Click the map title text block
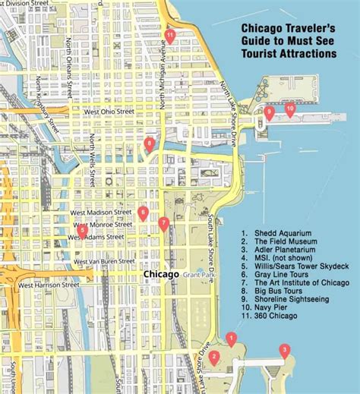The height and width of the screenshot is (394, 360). (x=289, y=41)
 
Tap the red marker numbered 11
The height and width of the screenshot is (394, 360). (x=170, y=35)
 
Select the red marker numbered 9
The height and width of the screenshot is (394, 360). (x=269, y=112)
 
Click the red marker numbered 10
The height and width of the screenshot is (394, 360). (x=289, y=109)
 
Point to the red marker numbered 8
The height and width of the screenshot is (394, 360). (x=150, y=143)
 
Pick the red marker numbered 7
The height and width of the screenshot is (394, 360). (x=164, y=222)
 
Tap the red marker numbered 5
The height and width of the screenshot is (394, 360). (x=82, y=230)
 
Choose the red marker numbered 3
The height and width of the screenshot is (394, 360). (x=285, y=350)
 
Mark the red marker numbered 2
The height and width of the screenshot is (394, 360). (x=215, y=356)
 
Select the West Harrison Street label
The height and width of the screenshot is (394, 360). (x=47, y=285)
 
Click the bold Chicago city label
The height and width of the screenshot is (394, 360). (x=161, y=274)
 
